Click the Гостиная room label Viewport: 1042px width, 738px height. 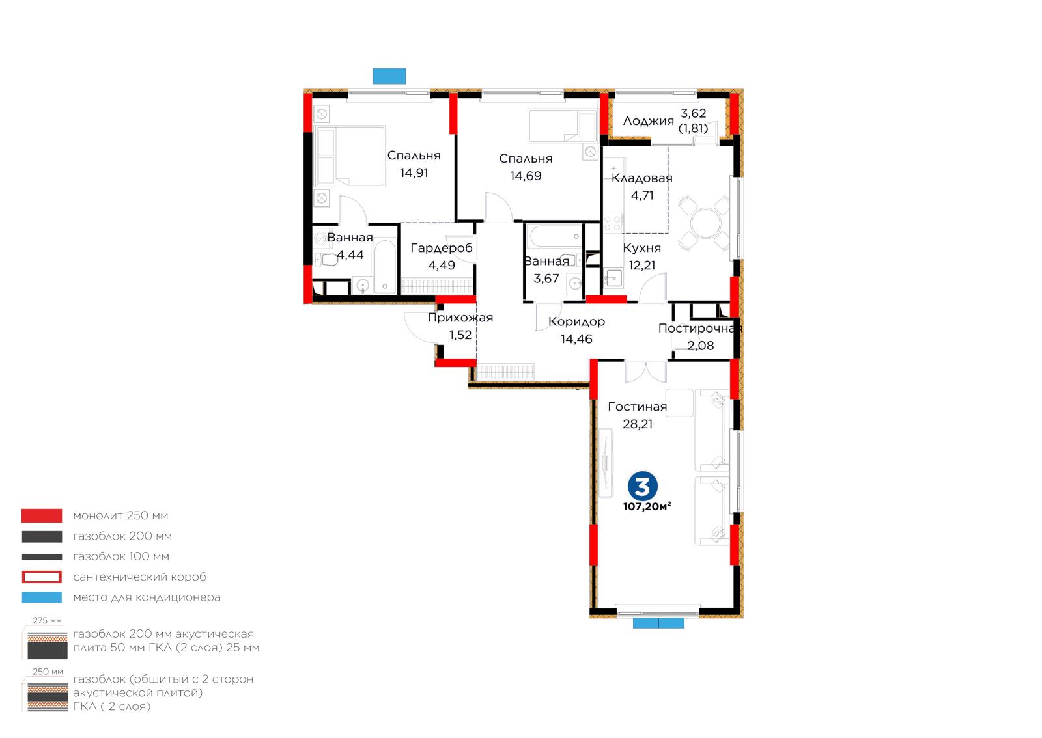[638, 407]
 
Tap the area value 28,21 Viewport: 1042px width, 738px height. [638, 424]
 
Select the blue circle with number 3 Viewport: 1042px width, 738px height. [642, 486]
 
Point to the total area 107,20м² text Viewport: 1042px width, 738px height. [647, 506]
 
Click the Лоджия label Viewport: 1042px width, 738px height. [648, 121]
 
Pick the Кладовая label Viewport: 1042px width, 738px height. [642, 178]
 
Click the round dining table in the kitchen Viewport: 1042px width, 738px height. [706, 223]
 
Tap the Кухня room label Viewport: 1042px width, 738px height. [641, 248]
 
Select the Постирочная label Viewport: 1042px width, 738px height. [700, 328]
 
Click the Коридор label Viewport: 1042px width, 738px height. [576, 321]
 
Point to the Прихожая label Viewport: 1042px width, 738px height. [460, 318]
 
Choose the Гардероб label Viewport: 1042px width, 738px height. [442, 248]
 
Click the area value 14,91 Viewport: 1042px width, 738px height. [414, 173]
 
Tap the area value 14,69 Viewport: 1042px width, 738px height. [526, 176]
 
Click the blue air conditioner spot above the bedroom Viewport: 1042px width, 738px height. [389, 75]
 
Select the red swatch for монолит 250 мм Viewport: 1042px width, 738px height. [42, 515]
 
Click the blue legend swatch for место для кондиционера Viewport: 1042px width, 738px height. [42, 597]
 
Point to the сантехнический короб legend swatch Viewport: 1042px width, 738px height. [42, 577]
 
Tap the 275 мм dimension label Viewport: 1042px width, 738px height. [47, 621]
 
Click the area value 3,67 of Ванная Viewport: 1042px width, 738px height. [546, 279]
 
